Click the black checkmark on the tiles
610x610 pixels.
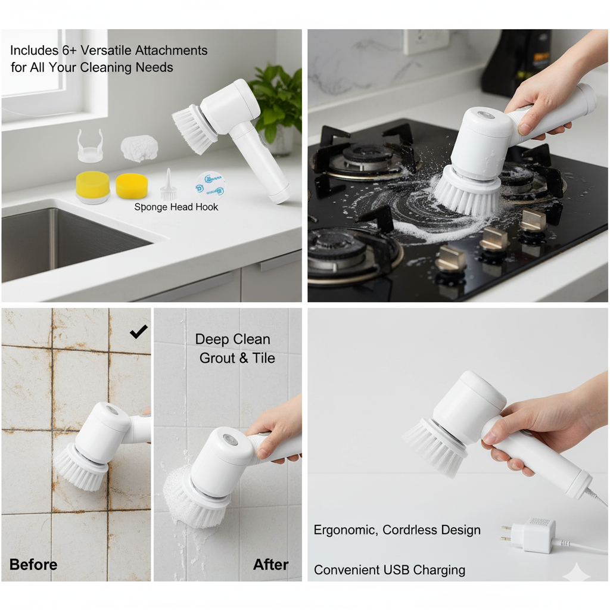(x=138, y=331)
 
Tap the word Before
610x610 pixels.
(x=33, y=565)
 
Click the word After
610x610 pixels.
(x=271, y=565)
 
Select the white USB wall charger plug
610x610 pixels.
(x=530, y=536)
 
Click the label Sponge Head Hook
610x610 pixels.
(x=176, y=207)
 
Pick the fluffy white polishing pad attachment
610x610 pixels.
(x=139, y=148)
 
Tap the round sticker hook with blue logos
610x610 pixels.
(x=210, y=185)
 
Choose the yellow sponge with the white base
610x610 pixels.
(x=92, y=187)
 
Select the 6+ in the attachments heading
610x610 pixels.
(x=69, y=51)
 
